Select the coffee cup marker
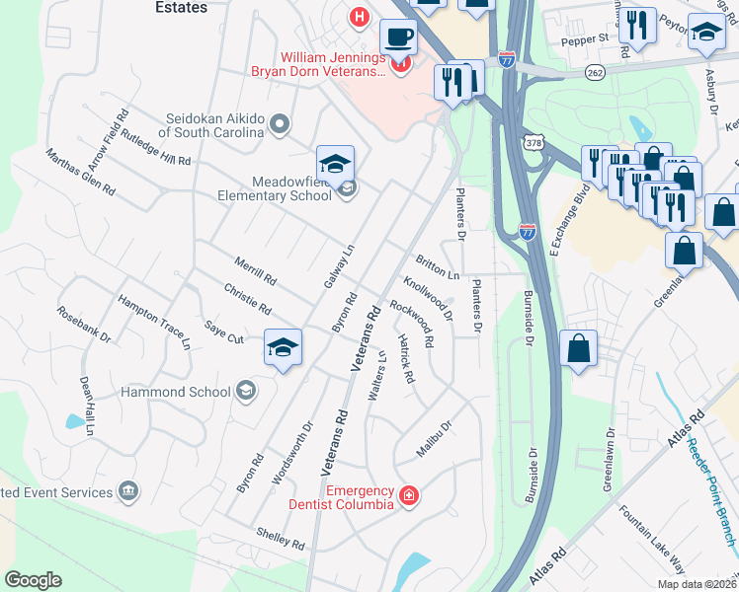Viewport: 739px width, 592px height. coord(398,37)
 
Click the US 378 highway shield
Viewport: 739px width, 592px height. coord(534,143)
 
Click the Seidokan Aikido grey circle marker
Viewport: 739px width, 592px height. coord(280,124)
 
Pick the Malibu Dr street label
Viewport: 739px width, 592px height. coord(433,439)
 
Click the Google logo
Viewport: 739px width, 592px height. coord(33,579)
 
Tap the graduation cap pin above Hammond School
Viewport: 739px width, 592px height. coord(283,348)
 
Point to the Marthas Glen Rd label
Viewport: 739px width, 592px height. coord(80,171)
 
